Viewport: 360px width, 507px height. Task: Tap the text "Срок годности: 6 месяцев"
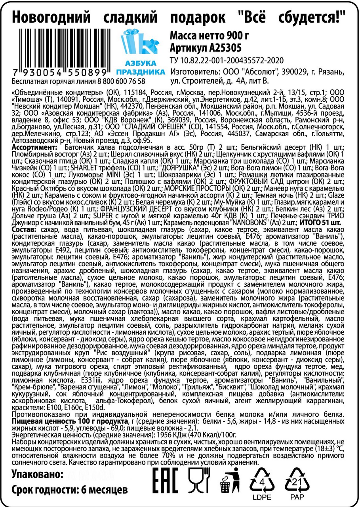point(69,490)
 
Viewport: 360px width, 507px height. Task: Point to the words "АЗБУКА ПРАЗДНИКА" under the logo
point(140,68)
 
